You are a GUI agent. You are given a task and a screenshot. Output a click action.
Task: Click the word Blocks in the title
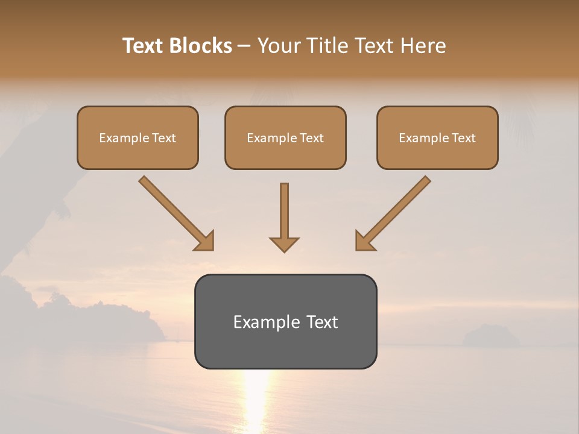(201, 46)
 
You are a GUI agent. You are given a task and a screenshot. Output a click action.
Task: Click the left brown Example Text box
(138, 138)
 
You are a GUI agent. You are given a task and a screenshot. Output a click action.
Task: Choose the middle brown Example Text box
(285, 138)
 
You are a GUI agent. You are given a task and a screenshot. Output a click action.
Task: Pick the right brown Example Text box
(437, 138)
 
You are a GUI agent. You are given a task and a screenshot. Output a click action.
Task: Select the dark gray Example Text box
(285, 321)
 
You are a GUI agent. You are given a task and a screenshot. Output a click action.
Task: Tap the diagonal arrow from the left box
(175, 212)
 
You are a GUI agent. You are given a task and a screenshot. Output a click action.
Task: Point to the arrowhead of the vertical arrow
(284, 244)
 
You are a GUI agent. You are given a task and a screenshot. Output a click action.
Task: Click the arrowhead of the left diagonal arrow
(204, 241)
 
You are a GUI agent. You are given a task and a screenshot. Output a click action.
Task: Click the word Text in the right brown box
(463, 138)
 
